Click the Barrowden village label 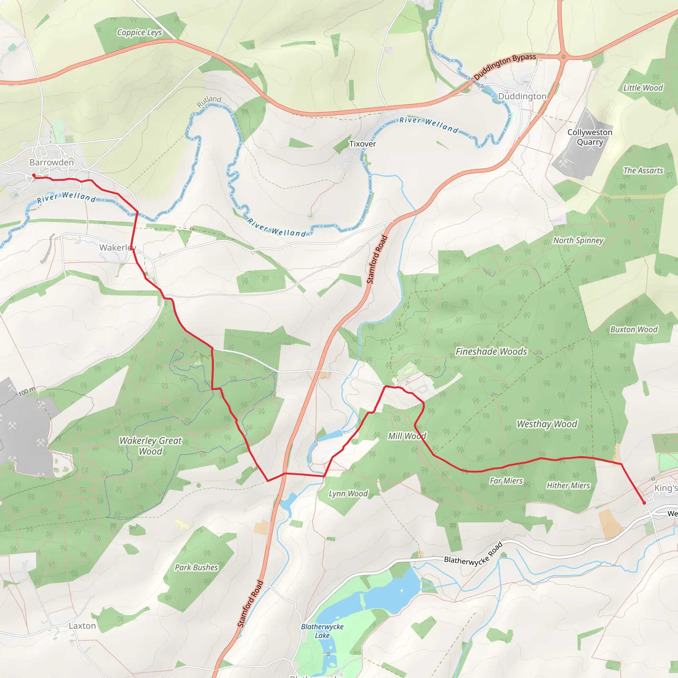52,163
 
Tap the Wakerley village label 117,248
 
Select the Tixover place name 363,144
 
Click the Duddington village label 522,97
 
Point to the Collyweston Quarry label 590,137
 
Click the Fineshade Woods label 491,351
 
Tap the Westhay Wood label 547,424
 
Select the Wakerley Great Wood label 151,446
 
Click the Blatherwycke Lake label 322,631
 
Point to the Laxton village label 82,626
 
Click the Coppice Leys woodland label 139,33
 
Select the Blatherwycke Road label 473,555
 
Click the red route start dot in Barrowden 34,175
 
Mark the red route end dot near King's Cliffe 644,503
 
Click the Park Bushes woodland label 196,567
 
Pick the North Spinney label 578,240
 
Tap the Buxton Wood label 634,329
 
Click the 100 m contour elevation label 27,391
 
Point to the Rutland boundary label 209,101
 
